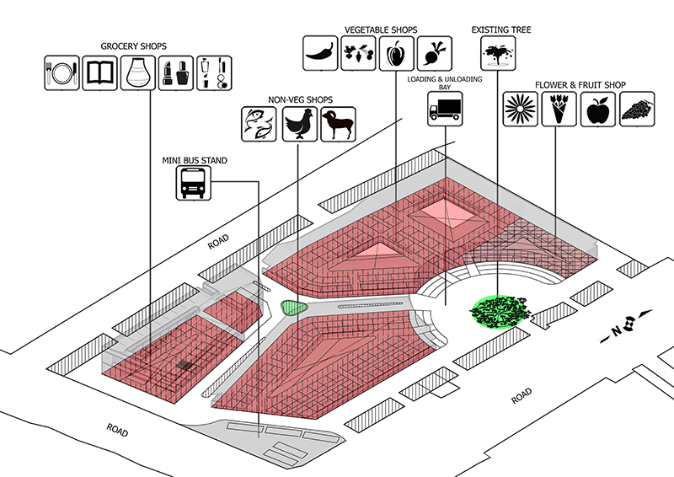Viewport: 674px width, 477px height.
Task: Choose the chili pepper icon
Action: [320, 53]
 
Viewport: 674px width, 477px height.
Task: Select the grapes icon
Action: [636, 110]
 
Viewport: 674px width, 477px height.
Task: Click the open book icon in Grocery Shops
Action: [100, 73]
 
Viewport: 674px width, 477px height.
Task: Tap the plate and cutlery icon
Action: [62, 73]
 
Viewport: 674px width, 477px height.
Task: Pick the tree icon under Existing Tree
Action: [497, 53]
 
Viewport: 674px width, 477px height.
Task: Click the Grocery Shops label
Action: [133, 46]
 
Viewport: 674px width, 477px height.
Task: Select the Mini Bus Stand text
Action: [195, 158]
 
